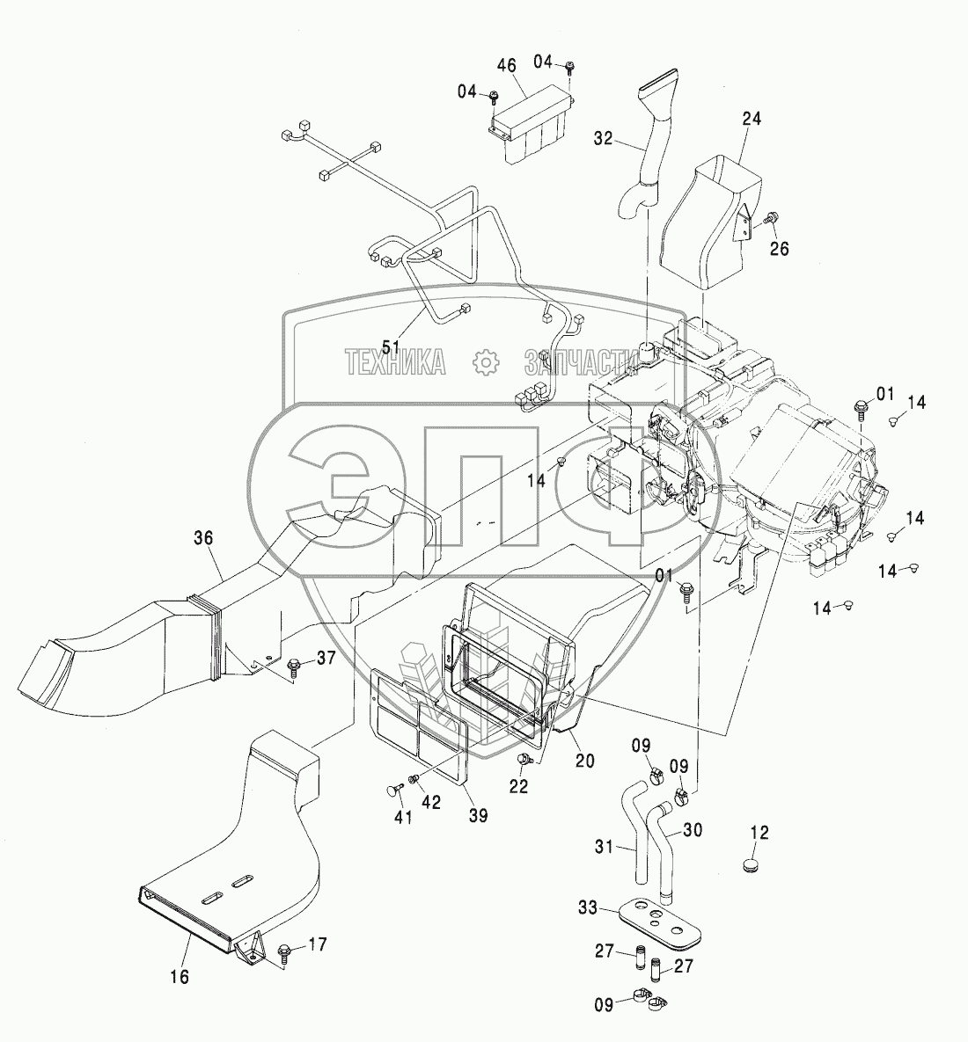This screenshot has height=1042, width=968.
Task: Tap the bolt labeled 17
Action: [284, 951]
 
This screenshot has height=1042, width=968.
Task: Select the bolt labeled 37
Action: [296, 666]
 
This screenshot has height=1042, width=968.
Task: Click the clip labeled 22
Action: [526, 761]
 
